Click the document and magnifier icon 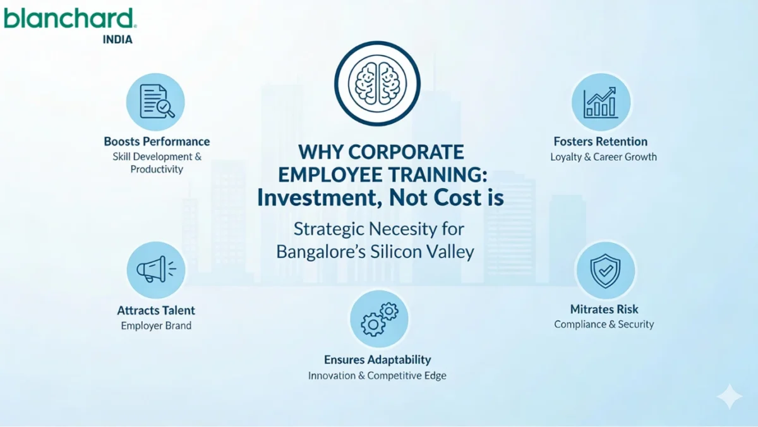click(x=155, y=101)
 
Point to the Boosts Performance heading click(x=157, y=142)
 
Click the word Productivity click(x=157, y=170)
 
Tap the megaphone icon click(x=155, y=270)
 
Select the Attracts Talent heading click(x=156, y=311)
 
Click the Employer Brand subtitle click(x=156, y=326)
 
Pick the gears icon click(x=379, y=319)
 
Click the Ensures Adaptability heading click(x=377, y=359)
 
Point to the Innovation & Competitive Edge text click(x=377, y=376)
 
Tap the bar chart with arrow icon click(x=601, y=102)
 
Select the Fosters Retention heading click(x=601, y=142)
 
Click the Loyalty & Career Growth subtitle click(x=603, y=157)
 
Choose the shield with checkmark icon click(x=605, y=270)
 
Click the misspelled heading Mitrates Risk click(x=604, y=309)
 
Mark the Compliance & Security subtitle click(x=604, y=325)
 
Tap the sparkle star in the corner click(x=730, y=397)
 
